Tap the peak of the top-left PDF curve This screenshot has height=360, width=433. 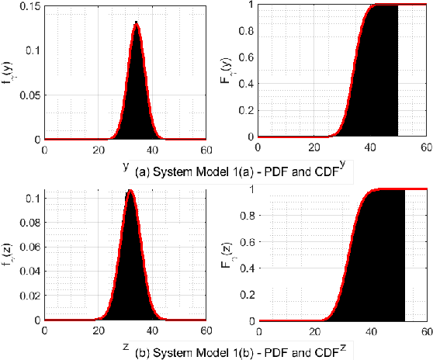(x=137, y=23)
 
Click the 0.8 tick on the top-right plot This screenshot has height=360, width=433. (x=247, y=32)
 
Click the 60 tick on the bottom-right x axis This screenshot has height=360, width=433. (x=425, y=331)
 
